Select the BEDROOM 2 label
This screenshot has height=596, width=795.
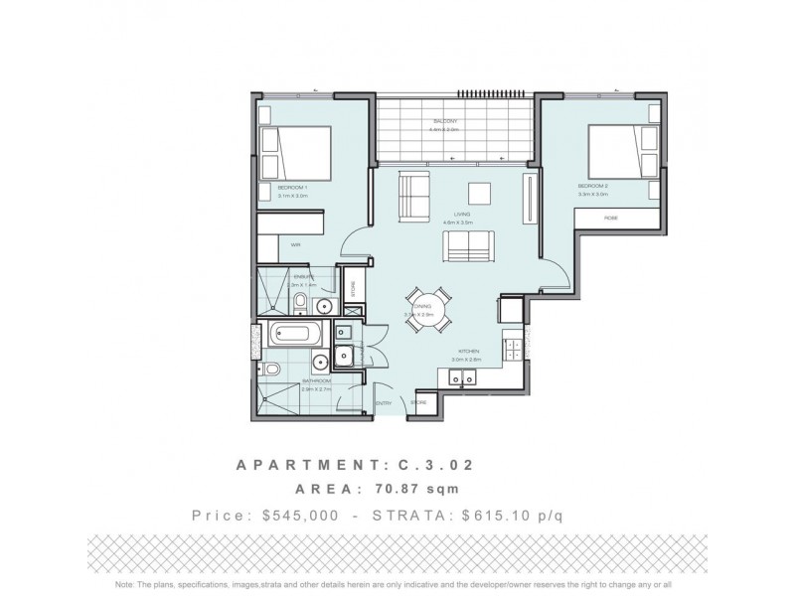[x=593, y=186]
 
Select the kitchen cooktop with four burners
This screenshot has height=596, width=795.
[x=515, y=350]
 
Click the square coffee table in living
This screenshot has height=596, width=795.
[x=482, y=194]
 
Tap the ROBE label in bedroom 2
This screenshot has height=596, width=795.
[x=609, y=219]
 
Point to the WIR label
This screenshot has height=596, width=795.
[x=295, y=243]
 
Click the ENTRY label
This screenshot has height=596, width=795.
[x=384, y=402]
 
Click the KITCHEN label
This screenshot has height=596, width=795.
[x=469, y=352]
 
